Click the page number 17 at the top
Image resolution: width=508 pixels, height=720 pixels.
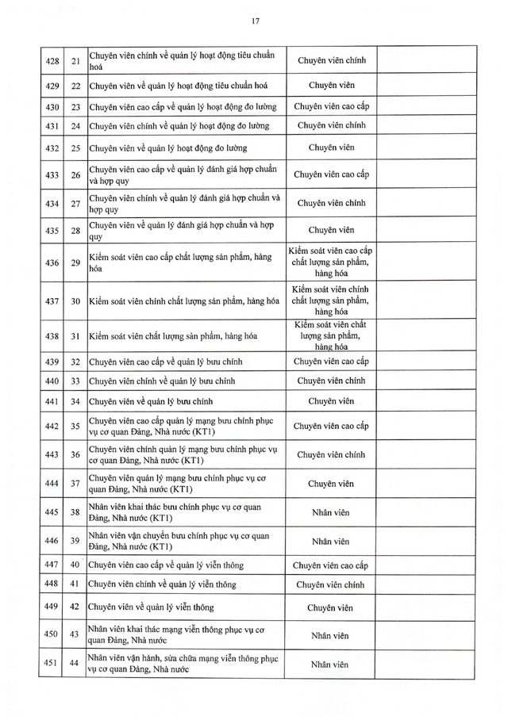tap(254, 20)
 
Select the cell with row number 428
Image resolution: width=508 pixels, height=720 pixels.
tap(52, 60)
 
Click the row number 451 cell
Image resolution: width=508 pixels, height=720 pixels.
tap(52, 663)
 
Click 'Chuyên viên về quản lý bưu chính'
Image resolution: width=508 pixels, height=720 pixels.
tap(151, 401)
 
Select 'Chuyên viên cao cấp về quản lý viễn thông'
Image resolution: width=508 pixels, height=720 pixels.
tap(167, 565)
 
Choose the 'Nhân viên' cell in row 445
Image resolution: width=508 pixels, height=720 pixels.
tap(331, 512)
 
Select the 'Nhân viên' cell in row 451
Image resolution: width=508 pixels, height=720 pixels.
tap(331, 664)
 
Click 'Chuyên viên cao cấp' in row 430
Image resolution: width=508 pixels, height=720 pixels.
tap(331, 105)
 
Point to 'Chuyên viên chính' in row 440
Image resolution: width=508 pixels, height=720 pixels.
tap(331, 381)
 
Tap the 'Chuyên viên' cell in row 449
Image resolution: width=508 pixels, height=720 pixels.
tap(331, 608)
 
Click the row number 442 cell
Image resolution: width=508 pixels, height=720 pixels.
tap(52, 426)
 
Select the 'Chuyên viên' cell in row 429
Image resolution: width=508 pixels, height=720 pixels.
tap(331, 85)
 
